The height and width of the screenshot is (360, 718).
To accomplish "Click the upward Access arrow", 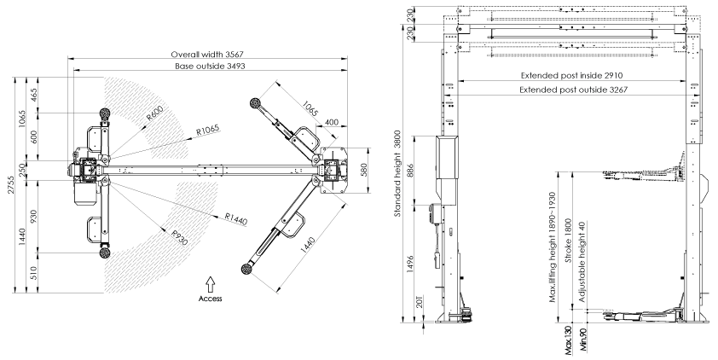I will (x=211, y=282).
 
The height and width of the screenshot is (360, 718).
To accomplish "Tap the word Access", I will (x=211, y=299).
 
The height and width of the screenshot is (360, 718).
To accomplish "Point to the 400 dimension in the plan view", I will (x=330, y=121).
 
